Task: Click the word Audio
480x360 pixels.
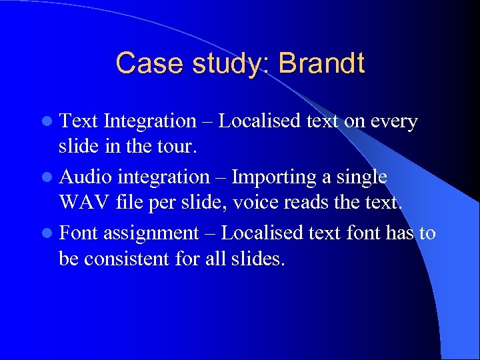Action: (x=86, y=177)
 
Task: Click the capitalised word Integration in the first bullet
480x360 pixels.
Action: (x=150, y=122)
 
